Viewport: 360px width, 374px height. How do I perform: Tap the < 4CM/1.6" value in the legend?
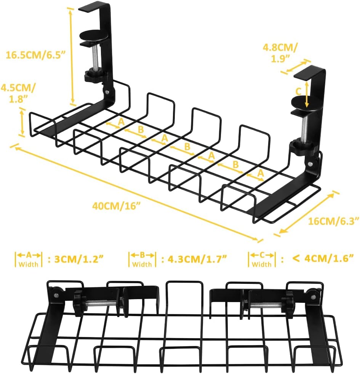pyautogui.click(x=323, y=258)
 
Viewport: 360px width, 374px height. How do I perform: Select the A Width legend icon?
pyautogui.click(x=29, y=259)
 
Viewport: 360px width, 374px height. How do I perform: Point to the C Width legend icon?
pyautogui.click(x=262, y=259)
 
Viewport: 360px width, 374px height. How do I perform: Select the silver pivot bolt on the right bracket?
pyautogui.click(x=312, y=163)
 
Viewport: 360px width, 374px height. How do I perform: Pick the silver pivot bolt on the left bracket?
pyautogui.click(x=108, y=92)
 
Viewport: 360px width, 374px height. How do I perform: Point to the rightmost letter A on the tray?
pyautogui.click(x=260, y=173)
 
